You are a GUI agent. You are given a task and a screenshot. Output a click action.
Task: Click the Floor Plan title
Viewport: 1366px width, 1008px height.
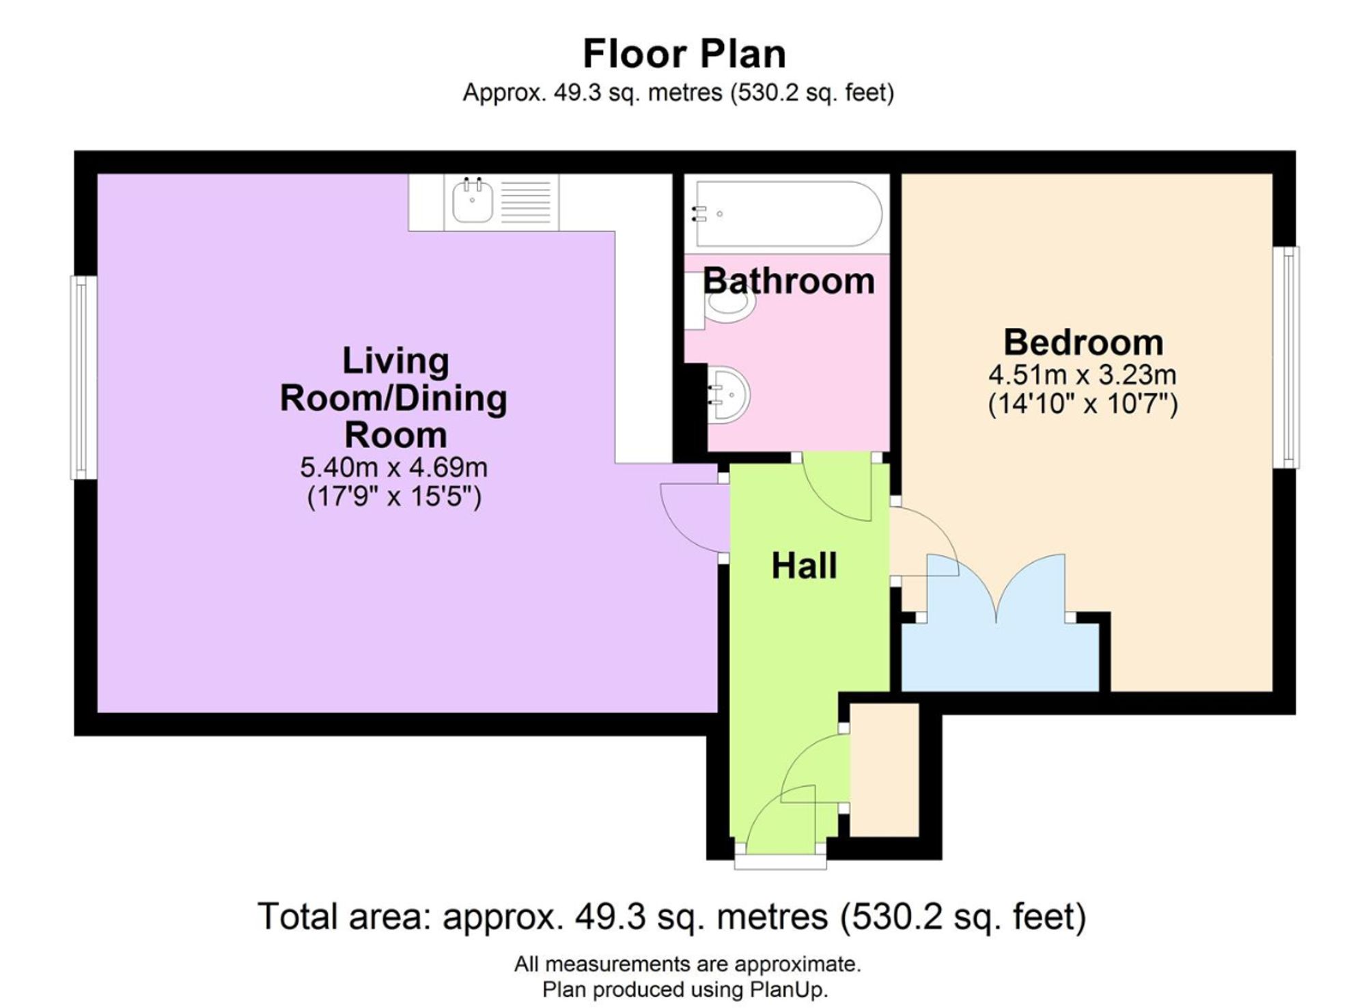pos(684,54)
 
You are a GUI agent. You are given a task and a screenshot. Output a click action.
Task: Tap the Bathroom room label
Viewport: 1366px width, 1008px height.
pos(789,281)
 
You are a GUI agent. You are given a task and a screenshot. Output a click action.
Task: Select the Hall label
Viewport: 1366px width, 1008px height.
pos(804,565)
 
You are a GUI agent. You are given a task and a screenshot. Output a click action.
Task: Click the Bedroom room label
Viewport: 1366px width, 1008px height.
pos(1083,342)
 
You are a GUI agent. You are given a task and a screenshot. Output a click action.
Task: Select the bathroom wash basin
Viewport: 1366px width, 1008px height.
pos(728,395)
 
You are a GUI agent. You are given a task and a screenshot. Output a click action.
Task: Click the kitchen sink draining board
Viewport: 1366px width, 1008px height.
pos(526,202)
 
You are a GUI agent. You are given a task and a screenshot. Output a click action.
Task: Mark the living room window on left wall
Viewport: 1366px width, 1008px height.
pos(84,377)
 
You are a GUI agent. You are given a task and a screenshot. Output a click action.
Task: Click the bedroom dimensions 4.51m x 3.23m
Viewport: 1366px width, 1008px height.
pos(1083,375)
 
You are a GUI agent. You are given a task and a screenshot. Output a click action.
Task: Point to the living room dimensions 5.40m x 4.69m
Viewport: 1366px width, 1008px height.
pos(394,468)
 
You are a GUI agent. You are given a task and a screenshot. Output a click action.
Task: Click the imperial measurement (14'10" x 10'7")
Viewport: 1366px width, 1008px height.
pos(1083,404)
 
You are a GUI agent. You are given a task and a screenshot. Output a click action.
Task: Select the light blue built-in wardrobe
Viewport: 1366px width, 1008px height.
pos(1001,642)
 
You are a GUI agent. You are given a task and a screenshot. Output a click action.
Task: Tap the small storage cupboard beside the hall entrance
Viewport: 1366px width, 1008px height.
pos(884,770)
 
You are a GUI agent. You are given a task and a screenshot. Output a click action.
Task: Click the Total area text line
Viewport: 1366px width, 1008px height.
pos(671,916)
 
